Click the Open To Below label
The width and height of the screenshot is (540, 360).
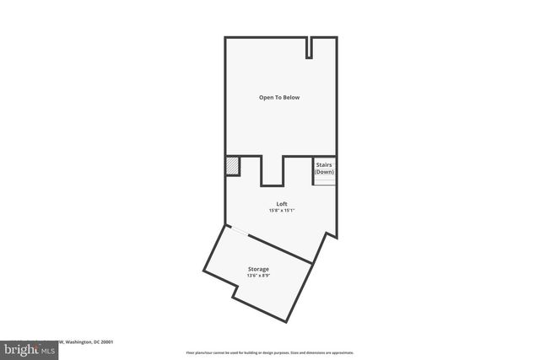(x=279, y=98)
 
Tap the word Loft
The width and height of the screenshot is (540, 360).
(x=282, y=203)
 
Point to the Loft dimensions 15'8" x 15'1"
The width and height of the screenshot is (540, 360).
(x=282, y=210)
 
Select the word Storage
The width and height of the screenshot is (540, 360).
(x=258, y=268)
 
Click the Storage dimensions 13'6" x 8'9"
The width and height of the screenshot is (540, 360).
(x=258, y=275)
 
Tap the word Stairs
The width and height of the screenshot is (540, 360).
(x=325, y=165)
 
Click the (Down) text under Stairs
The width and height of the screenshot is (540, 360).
(x=325, y=172)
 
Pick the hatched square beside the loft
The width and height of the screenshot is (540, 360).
(x=232, y=166)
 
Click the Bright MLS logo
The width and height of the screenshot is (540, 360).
(x=30, y=348)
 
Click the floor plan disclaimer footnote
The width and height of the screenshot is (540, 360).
(x=269, y=352)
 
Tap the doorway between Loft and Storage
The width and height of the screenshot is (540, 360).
(x=240, y=231)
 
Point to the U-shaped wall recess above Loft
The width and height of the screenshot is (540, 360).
(x=272, y=170)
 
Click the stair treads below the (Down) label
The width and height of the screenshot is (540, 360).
(x=325, y=180)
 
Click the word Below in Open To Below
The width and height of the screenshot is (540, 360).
(x=290, y=98)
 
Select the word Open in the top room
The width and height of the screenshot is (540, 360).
(x=266, y=98)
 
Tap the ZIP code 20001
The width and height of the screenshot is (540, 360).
(x=106, y=341)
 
